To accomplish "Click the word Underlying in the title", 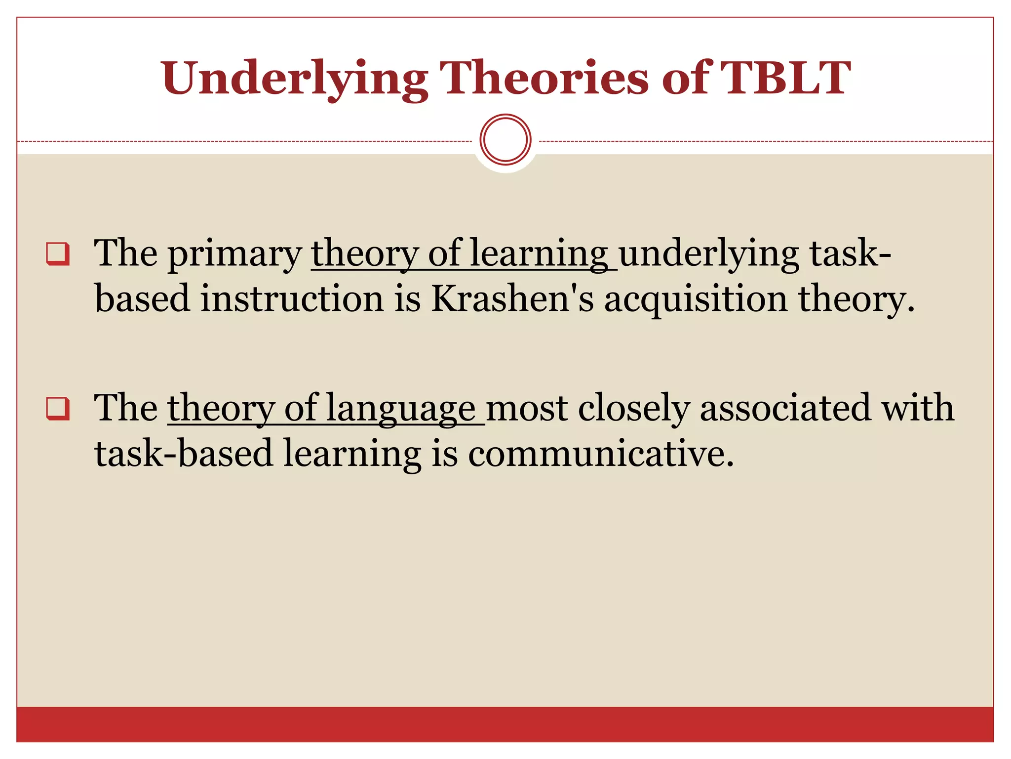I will click(294, 79).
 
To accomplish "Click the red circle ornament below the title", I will click(505, 140).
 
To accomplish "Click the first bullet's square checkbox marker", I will click(58, 254).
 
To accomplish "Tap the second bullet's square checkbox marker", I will click(58, 409).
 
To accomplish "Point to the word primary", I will click(234, 255).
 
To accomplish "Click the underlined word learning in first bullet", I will click(539, 254).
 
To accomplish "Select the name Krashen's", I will click(512, 300).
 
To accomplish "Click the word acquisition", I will click(696, 300).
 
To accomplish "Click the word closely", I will click(633, 409).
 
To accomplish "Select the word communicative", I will click(600, 454).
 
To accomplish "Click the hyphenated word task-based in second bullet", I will click(184, 454).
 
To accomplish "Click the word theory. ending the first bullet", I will click(856, 300).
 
